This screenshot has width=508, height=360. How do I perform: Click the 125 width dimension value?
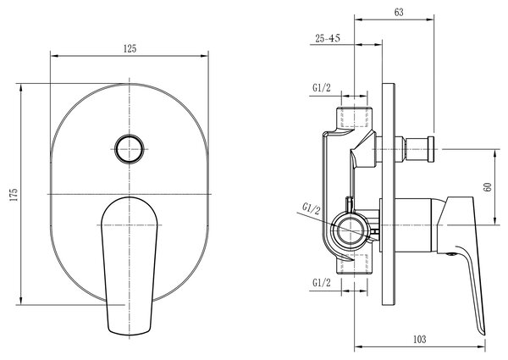tap(130, 49)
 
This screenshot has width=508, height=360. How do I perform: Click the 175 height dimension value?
tap(14, 195)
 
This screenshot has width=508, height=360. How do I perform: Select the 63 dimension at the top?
tap(399, 13)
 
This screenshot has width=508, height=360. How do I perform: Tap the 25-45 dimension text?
tap(328, 38)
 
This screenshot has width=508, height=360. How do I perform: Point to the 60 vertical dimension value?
tap(488, 187)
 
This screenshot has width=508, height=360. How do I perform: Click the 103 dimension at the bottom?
tap(420, 340)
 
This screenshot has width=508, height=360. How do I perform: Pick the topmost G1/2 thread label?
tap(322, 88)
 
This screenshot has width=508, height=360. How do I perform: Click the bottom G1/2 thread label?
tap(322, 283)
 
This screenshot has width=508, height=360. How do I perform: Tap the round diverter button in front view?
tap(130, 149)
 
